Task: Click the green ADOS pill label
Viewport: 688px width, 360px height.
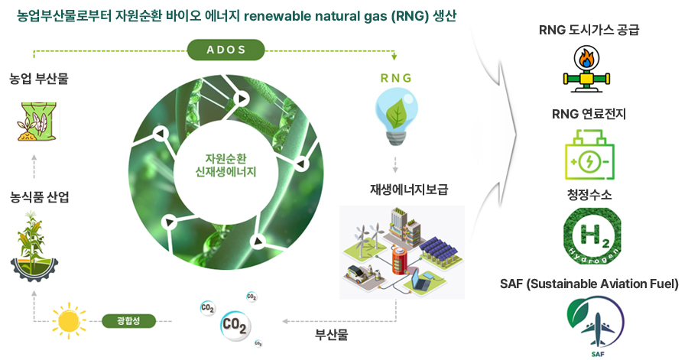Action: click(226, 50)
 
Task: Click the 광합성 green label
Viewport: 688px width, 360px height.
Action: click(128, 320)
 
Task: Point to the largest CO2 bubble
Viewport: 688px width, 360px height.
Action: click(235, 325)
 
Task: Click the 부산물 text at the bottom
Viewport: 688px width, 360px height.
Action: click(331, 335)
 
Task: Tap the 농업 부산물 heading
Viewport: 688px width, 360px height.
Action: click(39, 78)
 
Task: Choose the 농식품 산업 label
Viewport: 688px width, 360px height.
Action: click(40, 197)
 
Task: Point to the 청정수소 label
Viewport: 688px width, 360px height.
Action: click(589, 195)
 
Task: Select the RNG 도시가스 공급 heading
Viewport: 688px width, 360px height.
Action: click(589, 31)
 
